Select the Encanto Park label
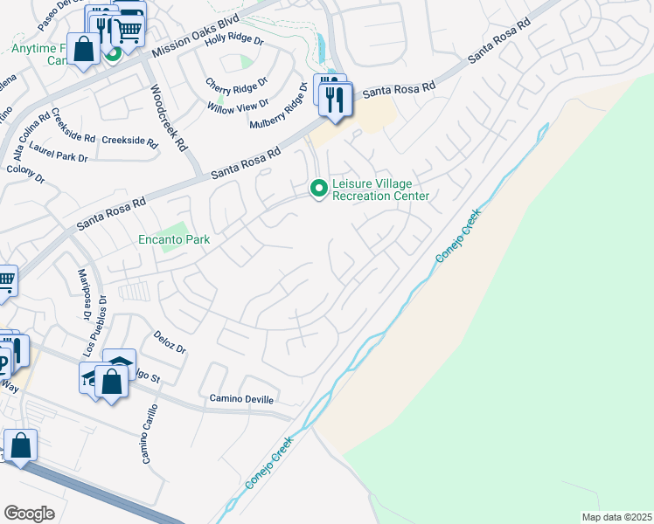coord(173,238)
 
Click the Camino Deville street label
coord(241,399)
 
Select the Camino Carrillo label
coord(150,433)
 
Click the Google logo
coord(29,514)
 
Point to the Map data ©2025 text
coord(616,517)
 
